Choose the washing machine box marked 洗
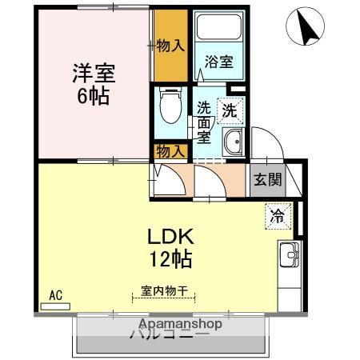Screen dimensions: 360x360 point(230,112)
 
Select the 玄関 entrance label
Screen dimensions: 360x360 point(268,180)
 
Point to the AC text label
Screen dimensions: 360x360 point(56,294)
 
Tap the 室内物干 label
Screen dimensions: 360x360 point(164,294)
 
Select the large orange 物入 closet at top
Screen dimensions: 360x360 point(170,46)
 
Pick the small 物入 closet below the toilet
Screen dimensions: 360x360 point(170,150)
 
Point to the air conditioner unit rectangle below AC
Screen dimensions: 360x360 point(55,306)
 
